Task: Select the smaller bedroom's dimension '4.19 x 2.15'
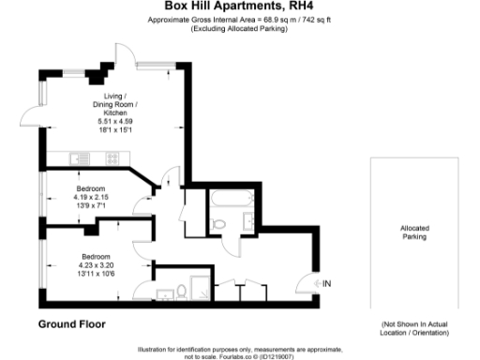[96, 196]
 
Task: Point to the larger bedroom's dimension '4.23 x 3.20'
[96, 263]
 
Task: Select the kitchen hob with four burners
[112, 157]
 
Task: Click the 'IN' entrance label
[326, 283]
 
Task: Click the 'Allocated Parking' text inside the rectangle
[413, 232]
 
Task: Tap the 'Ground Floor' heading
[71, 324]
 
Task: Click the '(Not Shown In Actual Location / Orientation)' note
[415, 328]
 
